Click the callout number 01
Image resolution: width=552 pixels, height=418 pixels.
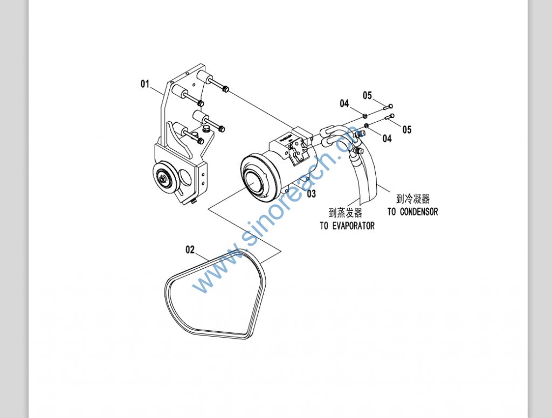click(x=145, y=84)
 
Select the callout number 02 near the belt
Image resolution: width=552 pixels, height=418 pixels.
click(x=190, y=249)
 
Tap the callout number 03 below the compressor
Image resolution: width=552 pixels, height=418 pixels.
click(x=312, y=194)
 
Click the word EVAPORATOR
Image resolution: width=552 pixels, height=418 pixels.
click(x=354, y=226)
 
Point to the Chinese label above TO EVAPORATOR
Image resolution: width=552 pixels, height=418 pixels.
click(x=346, y=213)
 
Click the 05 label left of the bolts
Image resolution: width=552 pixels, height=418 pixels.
click(x=367, y=96)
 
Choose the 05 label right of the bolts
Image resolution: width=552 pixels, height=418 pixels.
click(x=406, y=130)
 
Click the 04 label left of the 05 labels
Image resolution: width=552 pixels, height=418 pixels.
click(x=344, y=103)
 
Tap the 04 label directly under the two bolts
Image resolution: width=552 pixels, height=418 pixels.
click(x=387, y=138)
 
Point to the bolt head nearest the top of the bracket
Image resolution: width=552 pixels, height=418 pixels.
click(x=226, y=89)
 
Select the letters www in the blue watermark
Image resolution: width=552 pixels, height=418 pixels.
click(x=210, y=275)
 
